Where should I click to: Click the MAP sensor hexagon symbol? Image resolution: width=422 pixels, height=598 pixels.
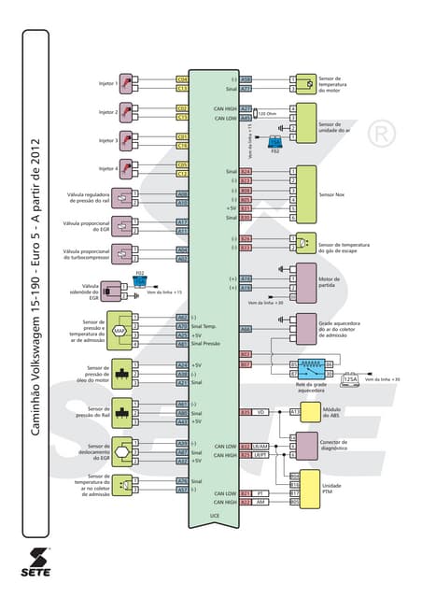pos(120,331)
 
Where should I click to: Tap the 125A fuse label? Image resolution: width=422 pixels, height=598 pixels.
pos(350,379)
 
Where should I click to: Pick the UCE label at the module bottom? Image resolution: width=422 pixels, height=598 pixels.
pos(214,515)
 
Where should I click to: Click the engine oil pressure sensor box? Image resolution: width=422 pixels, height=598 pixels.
pos(121,373)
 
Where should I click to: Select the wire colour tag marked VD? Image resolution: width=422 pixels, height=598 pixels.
pos(261,411)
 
